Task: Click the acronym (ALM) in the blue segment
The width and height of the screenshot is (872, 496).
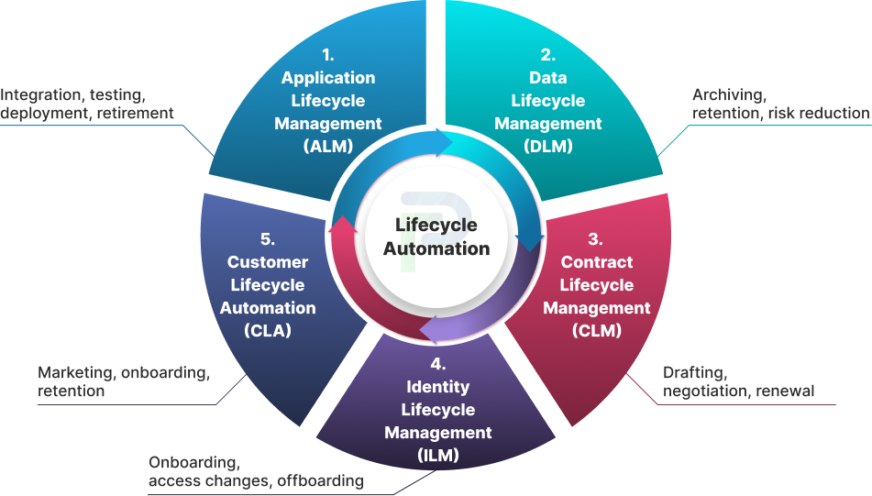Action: coord(328,146)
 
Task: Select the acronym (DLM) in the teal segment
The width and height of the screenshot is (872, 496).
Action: coord(547,146)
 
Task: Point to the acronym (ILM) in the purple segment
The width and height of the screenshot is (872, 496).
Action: coord(437,455)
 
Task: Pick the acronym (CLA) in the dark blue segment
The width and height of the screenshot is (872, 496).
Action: coord(268,331)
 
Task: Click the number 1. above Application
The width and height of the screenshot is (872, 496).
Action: coord(328,56)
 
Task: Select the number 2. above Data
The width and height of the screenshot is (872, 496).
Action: coord(547,56)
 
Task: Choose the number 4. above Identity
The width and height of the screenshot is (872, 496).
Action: coord(437,364)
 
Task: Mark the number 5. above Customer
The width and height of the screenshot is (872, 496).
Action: coord(268,239)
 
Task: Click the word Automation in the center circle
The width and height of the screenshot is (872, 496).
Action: coord(436,248)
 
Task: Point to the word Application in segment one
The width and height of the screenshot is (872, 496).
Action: coord(328,78)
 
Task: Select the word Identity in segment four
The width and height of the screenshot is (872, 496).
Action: coord(437,387)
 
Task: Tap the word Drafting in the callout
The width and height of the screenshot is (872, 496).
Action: coord(695,373)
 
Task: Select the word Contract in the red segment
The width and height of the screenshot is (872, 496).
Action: coord(597,262)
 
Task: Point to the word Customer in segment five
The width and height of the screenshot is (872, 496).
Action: coord(268,262)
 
